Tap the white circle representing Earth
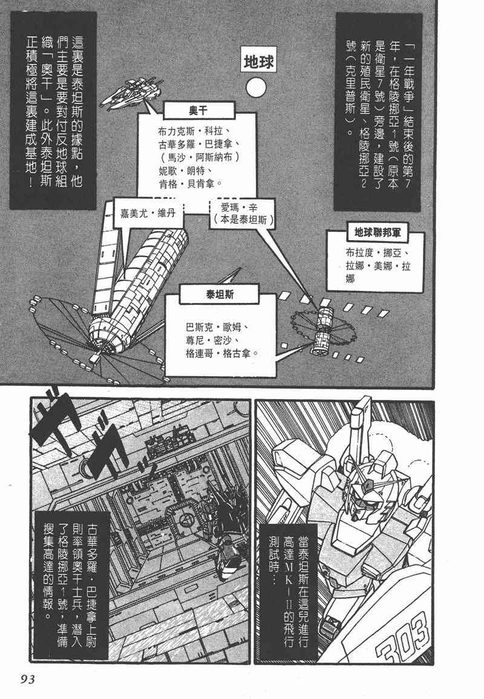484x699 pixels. [x=256, y=88]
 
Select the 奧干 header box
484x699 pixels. [x=198, y=110]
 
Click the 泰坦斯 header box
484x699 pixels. [x=220, y=294]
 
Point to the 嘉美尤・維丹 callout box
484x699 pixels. [x=148, y=213]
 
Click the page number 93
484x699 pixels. [x=28, y=680]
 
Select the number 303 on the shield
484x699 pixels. [x=402, y=633]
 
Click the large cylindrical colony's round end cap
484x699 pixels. [x=106, y=335]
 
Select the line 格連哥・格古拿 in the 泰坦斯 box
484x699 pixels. [x=222, y=354]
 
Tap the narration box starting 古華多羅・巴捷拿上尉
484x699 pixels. [x=71, y=586]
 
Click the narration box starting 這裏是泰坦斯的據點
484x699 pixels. [x=53, y=111]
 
